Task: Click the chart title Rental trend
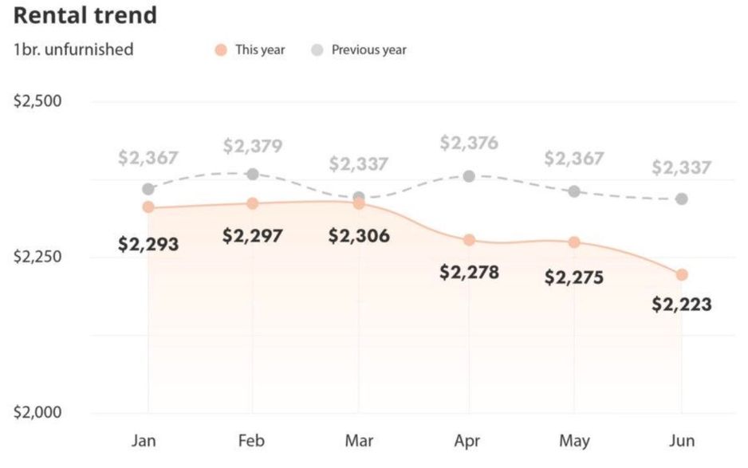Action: click(x=85, y=15)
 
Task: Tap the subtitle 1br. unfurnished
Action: click(x=73, y=49)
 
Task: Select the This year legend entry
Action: click(x=250, y=49)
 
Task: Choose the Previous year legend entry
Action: click(x=360, y=49)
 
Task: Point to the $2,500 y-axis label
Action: click(x=39, y=102)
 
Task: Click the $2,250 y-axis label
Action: click(x=39, y=258)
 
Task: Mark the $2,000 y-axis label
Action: click(x=39, y=413)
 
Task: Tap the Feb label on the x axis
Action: click(x=253, y=441)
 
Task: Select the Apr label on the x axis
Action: click(x=468, y=441)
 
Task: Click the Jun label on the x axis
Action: click(x=682, y=441)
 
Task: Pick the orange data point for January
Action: click(x=148, y=207)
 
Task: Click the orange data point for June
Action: click(x=682, y=274)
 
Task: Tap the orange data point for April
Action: click(x=469, y=240)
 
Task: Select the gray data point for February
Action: click(x=253, y=174)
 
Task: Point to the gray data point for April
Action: click(x=469, y=176)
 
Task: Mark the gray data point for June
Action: click(x=682, y=199)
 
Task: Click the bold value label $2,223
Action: click(x=682, y=305)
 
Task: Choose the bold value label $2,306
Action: click(x=360, y=236)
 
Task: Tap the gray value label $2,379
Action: click(x=253, y=146)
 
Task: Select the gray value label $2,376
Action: click(x=469, y=144)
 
